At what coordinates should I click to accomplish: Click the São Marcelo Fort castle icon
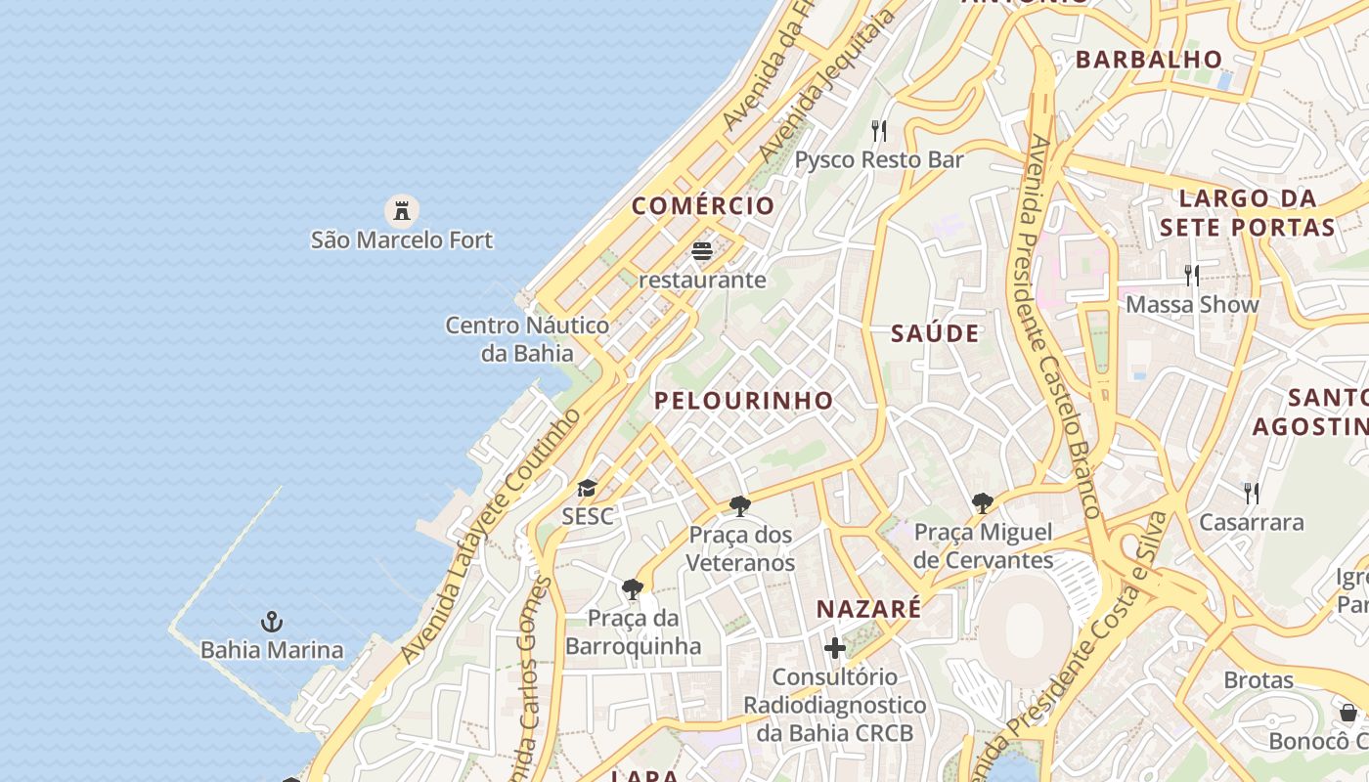(401, 209)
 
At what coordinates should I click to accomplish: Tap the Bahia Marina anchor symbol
(272, 622)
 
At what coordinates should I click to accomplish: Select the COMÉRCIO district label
(703, 206)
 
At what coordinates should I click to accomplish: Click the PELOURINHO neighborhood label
(744, 400)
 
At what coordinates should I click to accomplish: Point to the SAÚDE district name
(935, 333)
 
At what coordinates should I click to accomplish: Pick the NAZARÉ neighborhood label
(868, 609)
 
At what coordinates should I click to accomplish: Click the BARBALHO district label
(1149, 60)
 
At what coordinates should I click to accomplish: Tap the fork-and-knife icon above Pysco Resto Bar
(879, 130)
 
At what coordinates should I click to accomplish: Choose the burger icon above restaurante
(702, 251)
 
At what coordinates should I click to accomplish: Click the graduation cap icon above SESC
(587, 488)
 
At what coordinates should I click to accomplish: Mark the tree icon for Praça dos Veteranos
(740, 506)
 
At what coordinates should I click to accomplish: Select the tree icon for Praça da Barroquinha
(633, 589)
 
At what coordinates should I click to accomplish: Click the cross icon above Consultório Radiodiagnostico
(835, 648)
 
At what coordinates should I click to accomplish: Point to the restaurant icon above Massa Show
(1191, 275)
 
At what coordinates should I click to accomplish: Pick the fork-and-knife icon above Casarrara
(1251, 492)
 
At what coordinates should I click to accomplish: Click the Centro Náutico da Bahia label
(527, 338)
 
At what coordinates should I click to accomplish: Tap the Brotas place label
(1259, 680)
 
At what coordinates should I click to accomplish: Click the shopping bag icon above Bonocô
(1348, 713)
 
